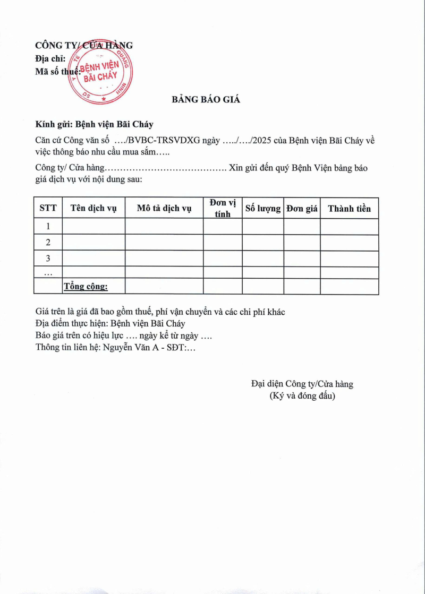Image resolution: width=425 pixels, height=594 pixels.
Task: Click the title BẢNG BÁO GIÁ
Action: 206,99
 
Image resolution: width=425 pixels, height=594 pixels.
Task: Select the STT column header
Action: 48,208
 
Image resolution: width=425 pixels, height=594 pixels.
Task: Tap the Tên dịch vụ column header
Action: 93,208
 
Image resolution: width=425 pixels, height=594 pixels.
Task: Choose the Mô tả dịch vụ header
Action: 164,208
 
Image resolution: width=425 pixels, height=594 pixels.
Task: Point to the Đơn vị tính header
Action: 223,208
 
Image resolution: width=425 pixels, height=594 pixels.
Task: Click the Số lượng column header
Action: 262,208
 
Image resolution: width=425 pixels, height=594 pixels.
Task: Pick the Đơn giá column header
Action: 302,208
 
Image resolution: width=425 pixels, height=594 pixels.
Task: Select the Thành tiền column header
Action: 349,208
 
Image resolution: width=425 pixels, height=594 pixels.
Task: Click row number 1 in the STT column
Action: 48,227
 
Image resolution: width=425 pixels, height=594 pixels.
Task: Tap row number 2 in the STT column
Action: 48,243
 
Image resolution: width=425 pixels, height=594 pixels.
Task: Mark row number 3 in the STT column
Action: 48,259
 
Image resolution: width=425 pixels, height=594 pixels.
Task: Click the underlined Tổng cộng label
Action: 86,287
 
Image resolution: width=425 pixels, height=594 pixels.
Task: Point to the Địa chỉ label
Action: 50,58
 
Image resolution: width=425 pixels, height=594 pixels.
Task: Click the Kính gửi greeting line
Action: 94,124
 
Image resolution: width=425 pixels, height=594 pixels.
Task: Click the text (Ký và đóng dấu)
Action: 302,396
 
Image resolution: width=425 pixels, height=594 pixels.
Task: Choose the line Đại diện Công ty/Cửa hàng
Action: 302,384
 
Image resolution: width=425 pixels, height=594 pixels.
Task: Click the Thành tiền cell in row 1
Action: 349,227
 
